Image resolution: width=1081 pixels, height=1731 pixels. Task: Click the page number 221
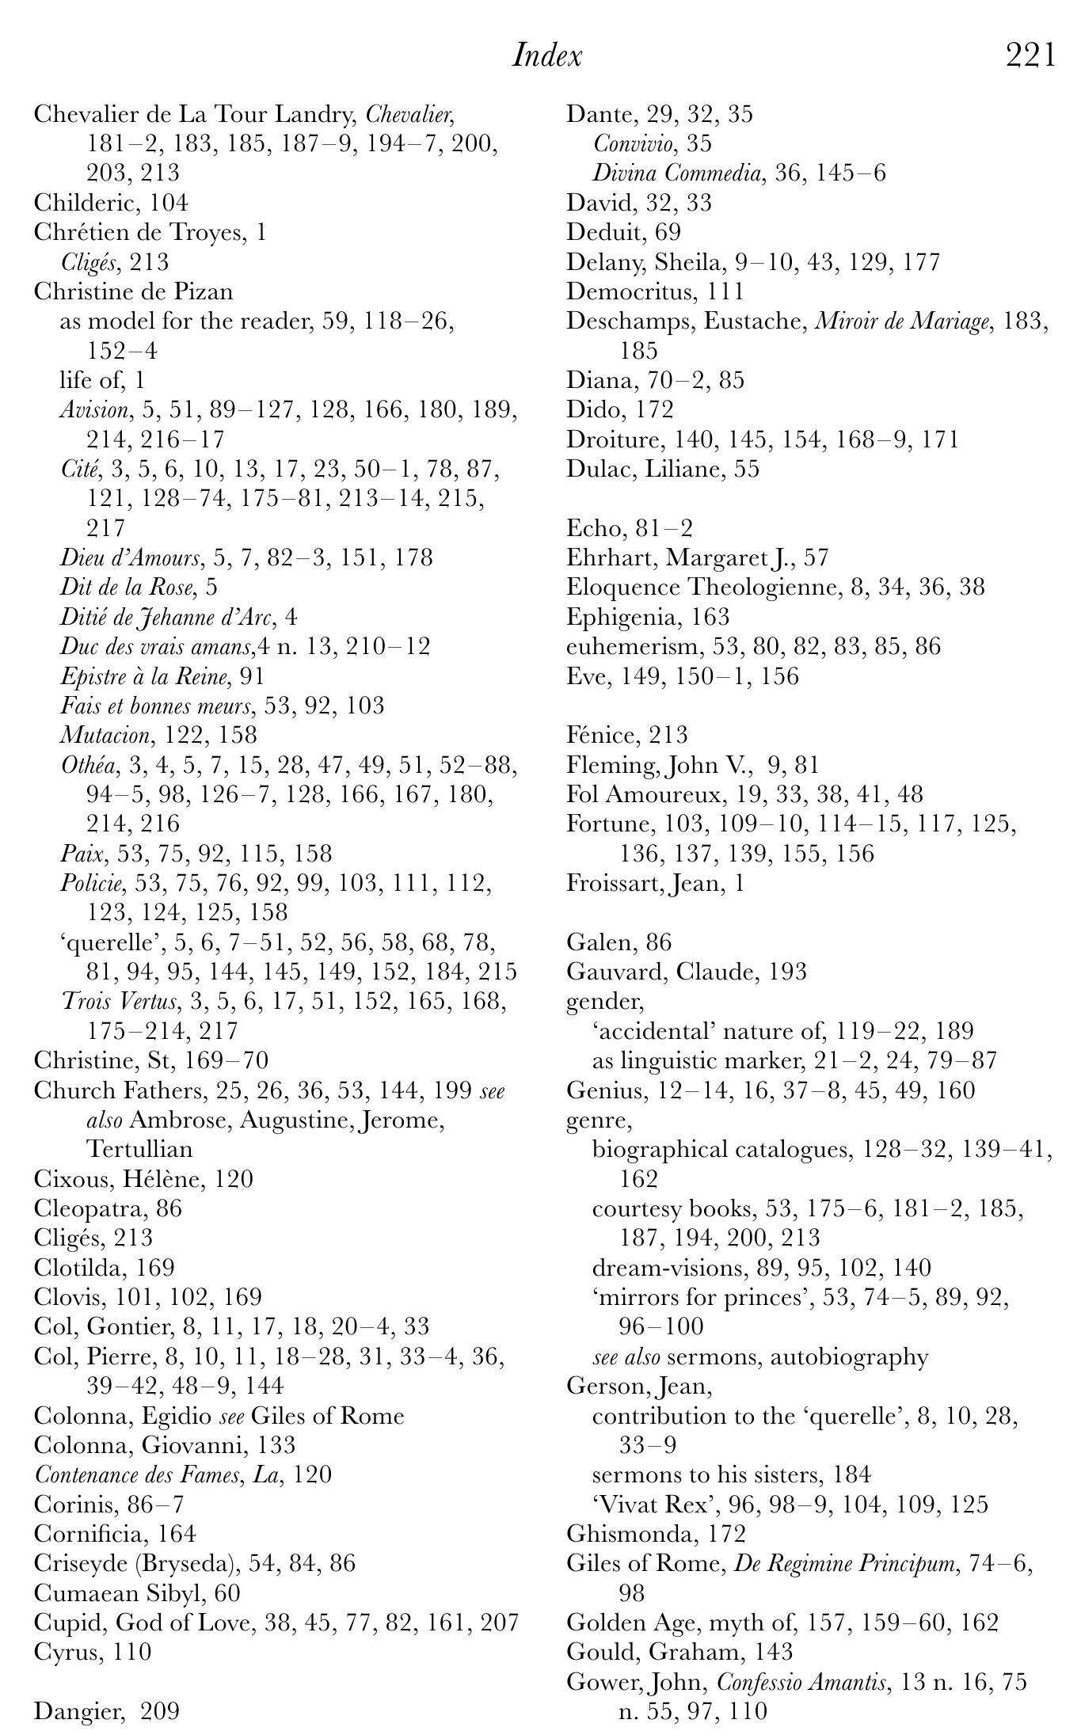pyautogui.click(x=1030, y=56)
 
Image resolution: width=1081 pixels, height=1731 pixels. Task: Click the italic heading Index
pyautogui.click(x=547, y=56)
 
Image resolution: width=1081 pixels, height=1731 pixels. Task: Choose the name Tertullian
pyautogui.click(x=139, y=1149)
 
